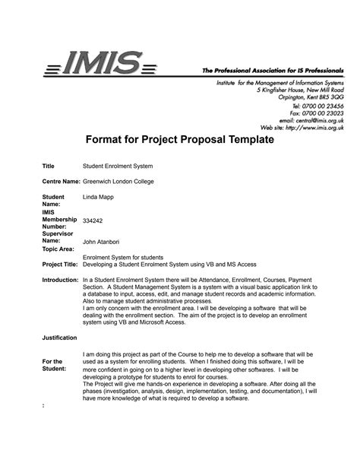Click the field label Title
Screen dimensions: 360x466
point(49,166)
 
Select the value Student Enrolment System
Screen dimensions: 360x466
point(118,166)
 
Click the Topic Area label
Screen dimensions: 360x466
point(58,249)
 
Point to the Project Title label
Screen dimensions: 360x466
point(60,265)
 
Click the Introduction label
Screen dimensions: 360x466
point(61,281)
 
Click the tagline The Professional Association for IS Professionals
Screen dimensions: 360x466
point(272,69)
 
